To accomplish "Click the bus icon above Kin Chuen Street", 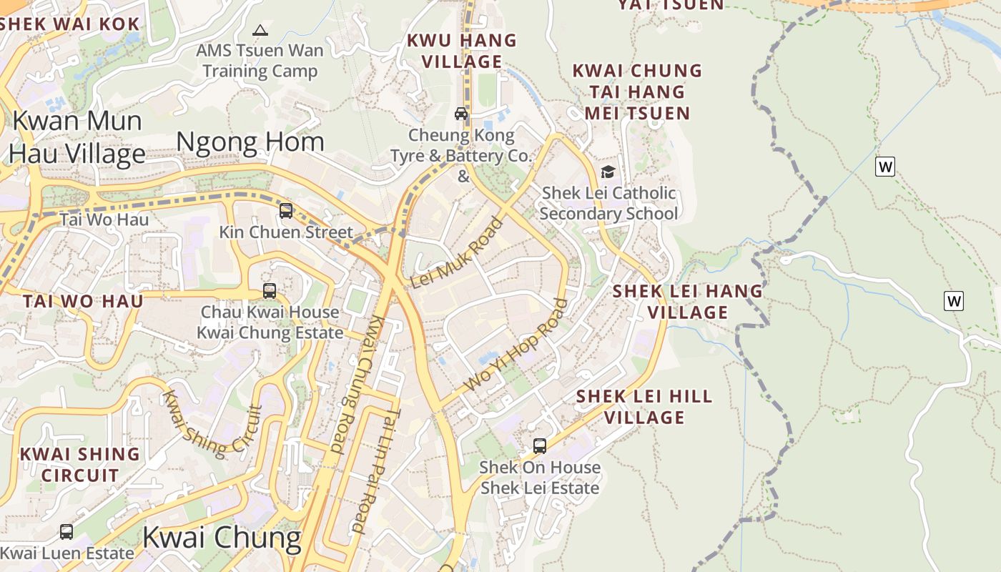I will click(x=286, y=211).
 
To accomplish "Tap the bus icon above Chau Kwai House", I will click(x=270, y=291).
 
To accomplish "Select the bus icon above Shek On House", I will click(x=540, y=446).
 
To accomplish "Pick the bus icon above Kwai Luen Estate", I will click(x=66, y=532).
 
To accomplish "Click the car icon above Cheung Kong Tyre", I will click(x=461, y=114).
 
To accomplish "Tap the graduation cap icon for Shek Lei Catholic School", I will click(x=608, y=172).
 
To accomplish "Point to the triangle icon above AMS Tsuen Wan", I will click(x=260, y=31).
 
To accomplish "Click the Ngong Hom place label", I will click(x=250, y=142).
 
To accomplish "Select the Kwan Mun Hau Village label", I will click(x=77, y=137).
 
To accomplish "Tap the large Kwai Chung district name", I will click(x=222, y=537).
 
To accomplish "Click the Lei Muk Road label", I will click(x=458, y=253).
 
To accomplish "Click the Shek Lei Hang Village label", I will click(x=688, y=302).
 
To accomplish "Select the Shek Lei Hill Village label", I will click(x=644, y=407).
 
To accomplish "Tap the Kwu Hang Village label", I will click(x=461, y=51).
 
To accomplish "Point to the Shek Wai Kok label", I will click(x=69, y=24).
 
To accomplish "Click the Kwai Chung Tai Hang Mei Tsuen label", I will click(x=638, y=92).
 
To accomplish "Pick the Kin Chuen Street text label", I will click(x=286, y=232).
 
